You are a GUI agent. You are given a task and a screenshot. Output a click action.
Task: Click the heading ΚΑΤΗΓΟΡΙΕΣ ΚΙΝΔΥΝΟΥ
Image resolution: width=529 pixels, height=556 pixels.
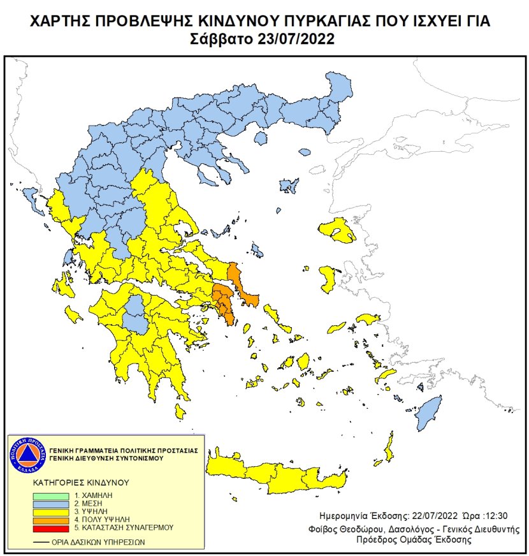click(82, 483)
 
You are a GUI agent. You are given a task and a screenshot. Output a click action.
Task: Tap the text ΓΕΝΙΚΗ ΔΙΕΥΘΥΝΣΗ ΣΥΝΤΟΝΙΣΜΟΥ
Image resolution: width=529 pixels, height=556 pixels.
click(108, 458)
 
